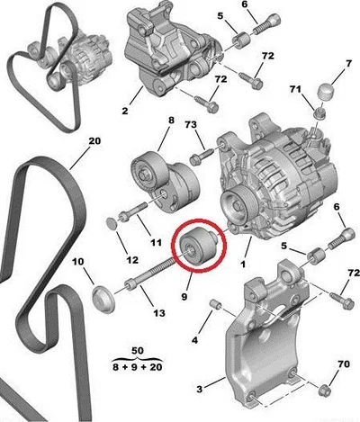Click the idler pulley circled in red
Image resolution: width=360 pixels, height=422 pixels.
coord(197,247)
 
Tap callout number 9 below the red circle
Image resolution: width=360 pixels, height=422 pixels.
coord(184,296)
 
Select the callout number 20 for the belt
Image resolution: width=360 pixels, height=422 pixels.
coord(94,141)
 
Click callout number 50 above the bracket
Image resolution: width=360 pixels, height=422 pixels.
coord(138,350)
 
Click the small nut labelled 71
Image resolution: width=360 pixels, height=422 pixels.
coord(319,113)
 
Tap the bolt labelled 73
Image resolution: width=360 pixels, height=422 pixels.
coord(202,157)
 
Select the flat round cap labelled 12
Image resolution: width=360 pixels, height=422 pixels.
coord(112,223)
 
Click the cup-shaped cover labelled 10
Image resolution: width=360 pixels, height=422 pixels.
coord(103,299)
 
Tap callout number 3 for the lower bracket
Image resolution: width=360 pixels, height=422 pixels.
coord(200,390)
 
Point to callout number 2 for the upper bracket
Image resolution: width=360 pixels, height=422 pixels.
coord(125,111)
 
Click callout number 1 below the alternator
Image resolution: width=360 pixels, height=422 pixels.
coord(243,265)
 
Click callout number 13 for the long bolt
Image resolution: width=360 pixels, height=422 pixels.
coord(159,313)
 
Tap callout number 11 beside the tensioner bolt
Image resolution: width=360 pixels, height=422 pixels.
coord(156,242)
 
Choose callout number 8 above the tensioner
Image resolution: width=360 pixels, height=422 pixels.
coord(171,121)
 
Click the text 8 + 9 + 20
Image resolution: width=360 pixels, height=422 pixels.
coord(138,367)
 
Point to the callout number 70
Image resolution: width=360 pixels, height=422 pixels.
coord(344,364)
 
